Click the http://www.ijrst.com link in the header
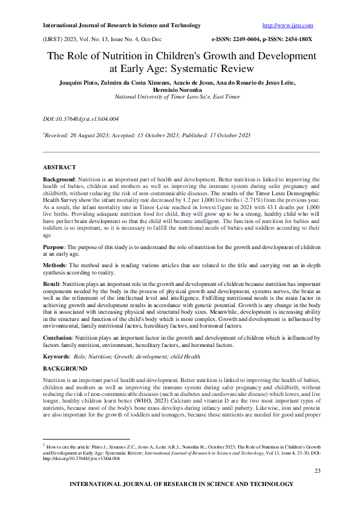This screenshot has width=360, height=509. tap(287, 25)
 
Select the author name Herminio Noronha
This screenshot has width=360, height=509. tap(180, 89)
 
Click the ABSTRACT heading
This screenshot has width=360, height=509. tap(59, 166)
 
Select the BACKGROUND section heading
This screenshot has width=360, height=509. tap(65, 368)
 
